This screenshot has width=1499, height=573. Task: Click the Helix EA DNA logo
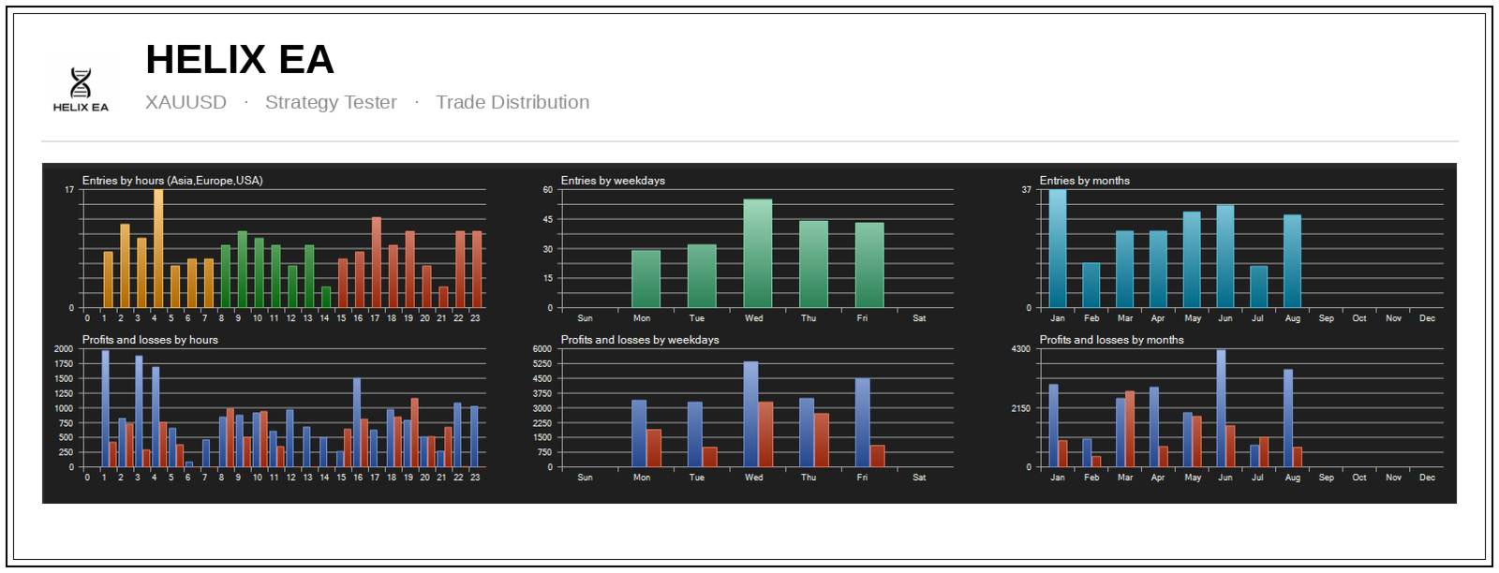[x=81, y=89]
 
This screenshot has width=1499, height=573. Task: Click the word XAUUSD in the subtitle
[x=186, y=102]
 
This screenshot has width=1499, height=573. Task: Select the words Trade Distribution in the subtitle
[x=512, y=102]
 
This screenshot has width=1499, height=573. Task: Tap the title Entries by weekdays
[x=613, y=181]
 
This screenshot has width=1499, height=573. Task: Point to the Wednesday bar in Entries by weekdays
[x=758, y=254]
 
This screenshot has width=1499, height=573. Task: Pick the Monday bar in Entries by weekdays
[x=646, y=279]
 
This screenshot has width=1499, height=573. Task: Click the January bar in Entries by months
[x=1058, y=249]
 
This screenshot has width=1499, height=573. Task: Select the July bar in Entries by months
[x=1259, y=286]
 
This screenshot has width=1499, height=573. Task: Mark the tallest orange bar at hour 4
[x=158, y=249]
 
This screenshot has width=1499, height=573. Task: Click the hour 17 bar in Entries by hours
[x=377, y=262]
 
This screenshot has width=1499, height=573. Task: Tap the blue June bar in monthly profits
[x=1222, y=408]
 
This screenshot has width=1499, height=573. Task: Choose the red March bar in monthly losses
[x=1130, y=429]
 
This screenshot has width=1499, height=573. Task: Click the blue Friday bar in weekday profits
[x=863, y=422]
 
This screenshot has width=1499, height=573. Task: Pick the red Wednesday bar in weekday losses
[x=765, y=434]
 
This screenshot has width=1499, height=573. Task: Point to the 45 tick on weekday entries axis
[x=547, y=219]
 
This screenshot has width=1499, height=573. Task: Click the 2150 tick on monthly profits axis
[x=1020, y=408]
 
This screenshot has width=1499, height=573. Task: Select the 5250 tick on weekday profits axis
[x=542, y=363]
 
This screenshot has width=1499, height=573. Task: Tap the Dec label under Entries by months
[x=1428, y=318]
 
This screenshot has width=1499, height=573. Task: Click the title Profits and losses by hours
[x=150, y=340]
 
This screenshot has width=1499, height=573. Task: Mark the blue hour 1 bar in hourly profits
[x=105, y=408]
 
